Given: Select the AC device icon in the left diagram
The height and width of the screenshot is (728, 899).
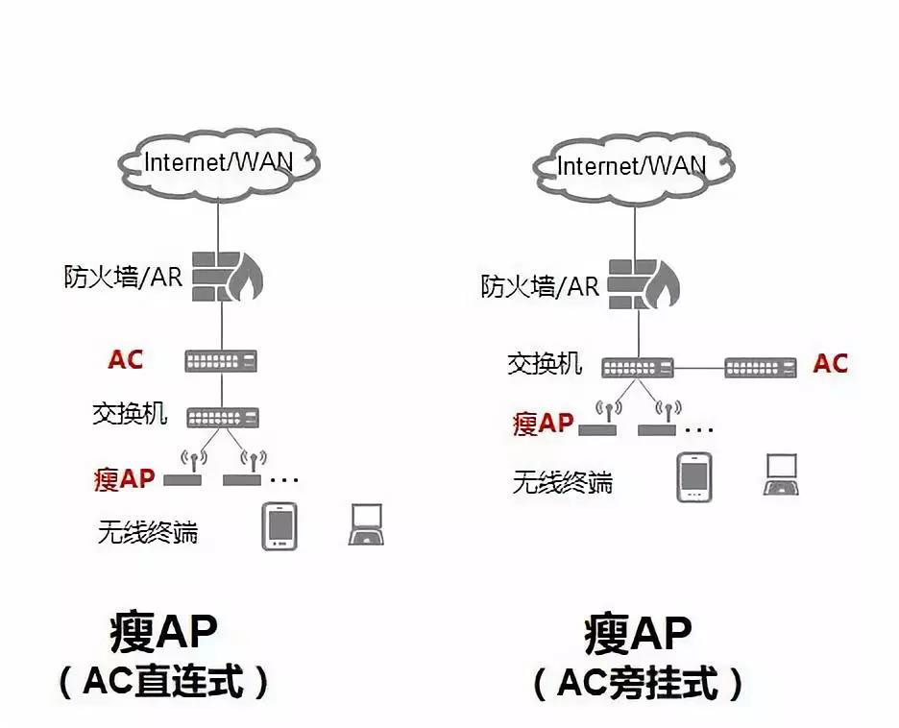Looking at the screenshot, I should point(222,361).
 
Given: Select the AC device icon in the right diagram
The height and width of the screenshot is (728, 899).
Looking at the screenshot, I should point(760,366).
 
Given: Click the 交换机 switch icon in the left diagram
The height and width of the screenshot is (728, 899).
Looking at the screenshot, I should point(222,417).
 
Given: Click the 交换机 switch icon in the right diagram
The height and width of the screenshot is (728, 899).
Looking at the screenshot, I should point(638,366).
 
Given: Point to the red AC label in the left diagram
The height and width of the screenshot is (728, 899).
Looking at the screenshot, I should point(126,360).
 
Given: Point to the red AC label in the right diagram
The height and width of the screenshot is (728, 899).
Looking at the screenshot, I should point(831,364).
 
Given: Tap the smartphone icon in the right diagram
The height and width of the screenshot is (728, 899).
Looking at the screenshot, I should point(693,477).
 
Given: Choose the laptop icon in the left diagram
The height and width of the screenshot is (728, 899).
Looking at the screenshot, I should point(366,525).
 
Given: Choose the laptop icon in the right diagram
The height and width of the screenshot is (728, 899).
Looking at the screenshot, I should point(781,475).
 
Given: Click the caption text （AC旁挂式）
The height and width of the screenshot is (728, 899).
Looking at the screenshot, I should point(638,684).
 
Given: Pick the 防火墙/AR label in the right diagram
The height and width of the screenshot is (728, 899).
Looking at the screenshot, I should point(540,285).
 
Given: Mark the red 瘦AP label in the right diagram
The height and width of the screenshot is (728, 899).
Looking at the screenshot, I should point(543,424).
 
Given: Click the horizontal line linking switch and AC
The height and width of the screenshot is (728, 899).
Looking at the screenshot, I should point(698,366).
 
